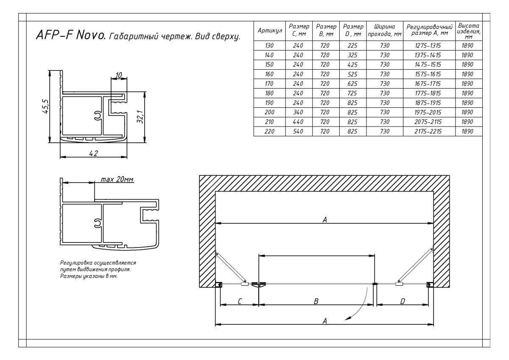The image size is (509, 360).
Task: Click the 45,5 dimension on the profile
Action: (45, 106)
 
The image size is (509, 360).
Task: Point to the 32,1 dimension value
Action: (140, 117)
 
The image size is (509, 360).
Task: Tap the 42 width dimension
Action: (93, 153)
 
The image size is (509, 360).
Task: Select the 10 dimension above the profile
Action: (119, 75)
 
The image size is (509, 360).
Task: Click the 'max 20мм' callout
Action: (117, 180)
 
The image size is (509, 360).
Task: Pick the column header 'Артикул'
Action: (270, 31)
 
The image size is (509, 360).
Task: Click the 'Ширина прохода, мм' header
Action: (385, 30)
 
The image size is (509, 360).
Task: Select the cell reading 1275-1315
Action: (428, 45)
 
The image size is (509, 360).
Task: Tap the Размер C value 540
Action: (298, 131)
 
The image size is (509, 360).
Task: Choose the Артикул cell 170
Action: (269, 84)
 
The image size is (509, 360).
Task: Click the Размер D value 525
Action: (352, 74)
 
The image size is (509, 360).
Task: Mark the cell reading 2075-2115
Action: (428, 122)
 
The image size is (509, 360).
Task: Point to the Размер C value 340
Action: (298, 112)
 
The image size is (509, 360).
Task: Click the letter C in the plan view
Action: (240, 301)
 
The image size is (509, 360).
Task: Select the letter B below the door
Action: (316, 301)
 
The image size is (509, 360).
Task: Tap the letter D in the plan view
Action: (403, 301)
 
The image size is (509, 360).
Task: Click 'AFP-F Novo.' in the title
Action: (71, 35)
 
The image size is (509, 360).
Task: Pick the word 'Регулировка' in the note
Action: (77, 263)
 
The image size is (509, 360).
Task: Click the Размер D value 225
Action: (352, 45)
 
